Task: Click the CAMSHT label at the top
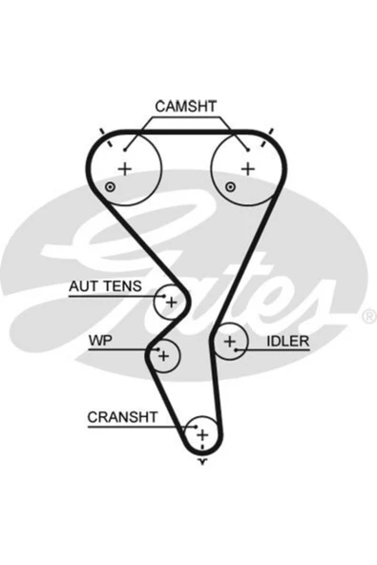point(185,106)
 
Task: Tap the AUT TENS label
point(105,286)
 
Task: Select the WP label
point(100,340)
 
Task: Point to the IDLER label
point(288,342)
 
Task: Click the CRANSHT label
point(122,417)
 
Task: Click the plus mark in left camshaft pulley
point(125,169)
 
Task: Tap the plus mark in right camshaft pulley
point(248,169)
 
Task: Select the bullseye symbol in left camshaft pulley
point(110,187)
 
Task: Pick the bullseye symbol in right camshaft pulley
point(230,187)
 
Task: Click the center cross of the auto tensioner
point(171,302)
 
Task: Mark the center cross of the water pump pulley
point(163,356)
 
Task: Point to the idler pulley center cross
point(230,341)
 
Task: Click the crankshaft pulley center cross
point(202,435)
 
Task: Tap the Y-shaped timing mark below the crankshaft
point(203,462)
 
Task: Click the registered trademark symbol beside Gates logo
point(368,316)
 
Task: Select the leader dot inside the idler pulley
point(236,349)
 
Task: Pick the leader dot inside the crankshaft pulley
point(196,427)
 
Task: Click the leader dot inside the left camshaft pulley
point(125,150)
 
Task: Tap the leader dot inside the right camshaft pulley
point(248,150)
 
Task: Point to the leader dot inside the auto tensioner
point(164,296)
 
